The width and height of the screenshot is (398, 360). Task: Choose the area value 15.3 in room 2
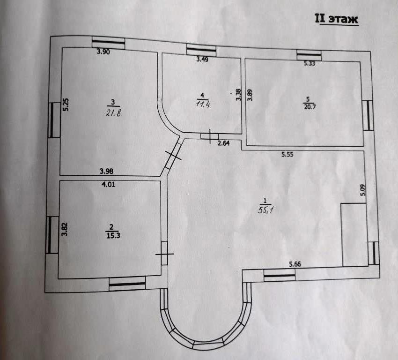[x=112, y=236]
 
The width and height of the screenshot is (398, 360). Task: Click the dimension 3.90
[x=103, y=52]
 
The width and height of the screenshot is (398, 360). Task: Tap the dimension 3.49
[x=202, y=59]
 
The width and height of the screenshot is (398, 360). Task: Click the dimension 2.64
[x=224, y=143]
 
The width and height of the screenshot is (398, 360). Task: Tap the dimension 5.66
[x=295, y=264]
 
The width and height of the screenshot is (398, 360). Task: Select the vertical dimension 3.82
[x=65, y=228]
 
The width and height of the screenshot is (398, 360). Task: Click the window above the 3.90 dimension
[x=108, y=43]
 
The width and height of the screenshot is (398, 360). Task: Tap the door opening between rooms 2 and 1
[x=164, y=254]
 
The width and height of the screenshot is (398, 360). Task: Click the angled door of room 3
[x=173, y=156]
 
